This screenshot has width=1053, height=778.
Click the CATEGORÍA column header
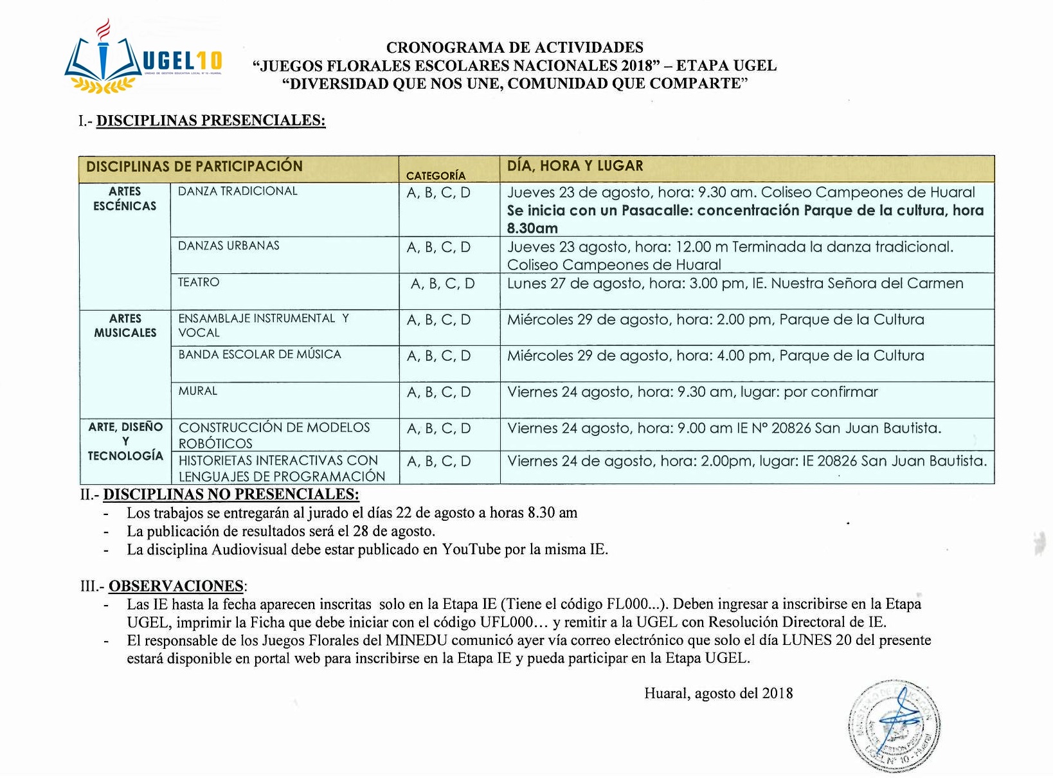(435, 175)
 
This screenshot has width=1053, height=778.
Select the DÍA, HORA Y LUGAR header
(575, 166)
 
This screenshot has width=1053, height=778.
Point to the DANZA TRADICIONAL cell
(238, 191)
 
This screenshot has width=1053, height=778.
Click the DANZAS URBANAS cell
(229, 246)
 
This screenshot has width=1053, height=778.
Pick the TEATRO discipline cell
(199, 282)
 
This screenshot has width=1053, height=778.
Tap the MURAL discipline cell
(198, 391)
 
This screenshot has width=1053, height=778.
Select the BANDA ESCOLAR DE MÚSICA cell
(260, 354)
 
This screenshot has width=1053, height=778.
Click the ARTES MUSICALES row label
(125, 325)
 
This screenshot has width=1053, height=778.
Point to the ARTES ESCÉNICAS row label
(125, 199)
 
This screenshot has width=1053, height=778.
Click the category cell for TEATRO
(442, 284)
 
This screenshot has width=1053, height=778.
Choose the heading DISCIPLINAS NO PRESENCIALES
(231, 494)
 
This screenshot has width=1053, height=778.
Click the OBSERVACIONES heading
(176, 586)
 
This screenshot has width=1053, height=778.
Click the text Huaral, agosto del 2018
(718, 693)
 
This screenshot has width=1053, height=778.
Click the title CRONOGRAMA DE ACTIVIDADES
(514, 47)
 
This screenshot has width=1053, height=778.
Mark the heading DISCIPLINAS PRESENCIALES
(211, 120)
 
